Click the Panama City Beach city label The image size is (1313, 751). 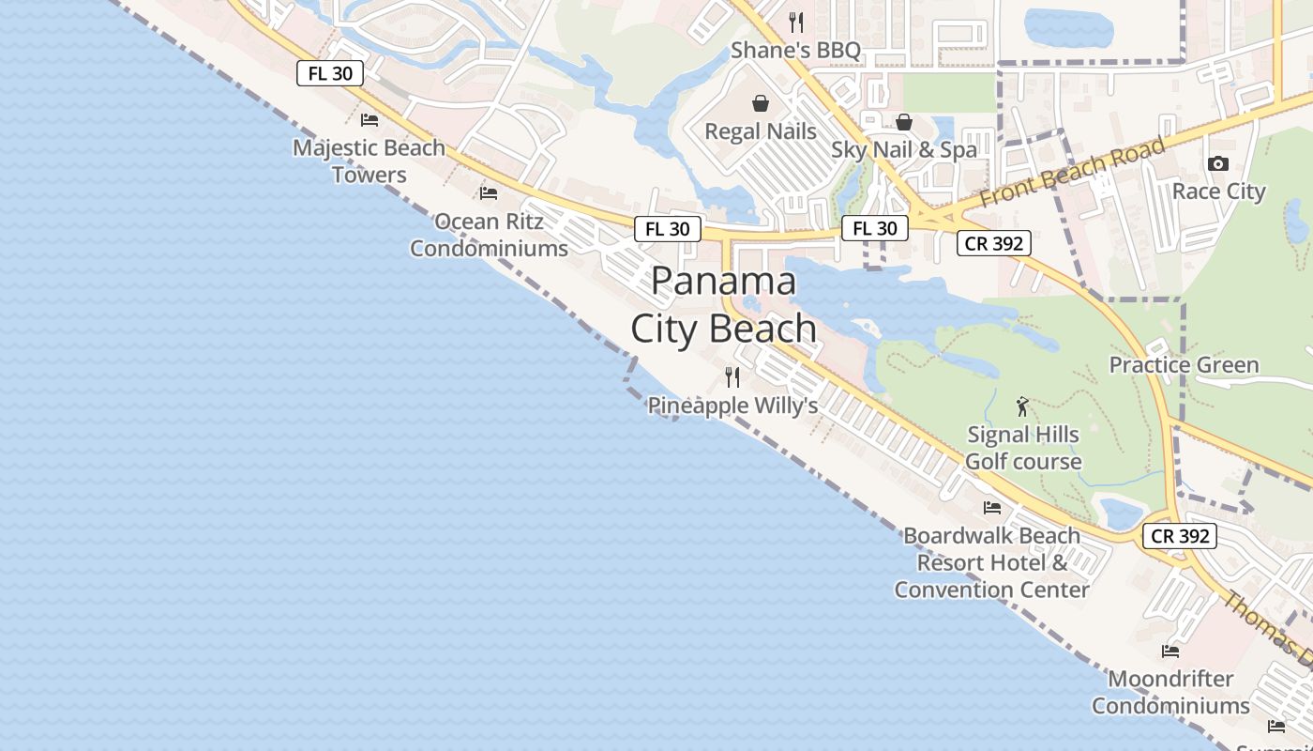click(723, 305)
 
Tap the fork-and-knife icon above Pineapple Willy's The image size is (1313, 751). click(732, 377)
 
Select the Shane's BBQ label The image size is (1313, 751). click(795, 50)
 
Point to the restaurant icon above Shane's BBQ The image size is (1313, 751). click(796, 22)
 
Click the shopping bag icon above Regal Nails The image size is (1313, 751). click(761, 103)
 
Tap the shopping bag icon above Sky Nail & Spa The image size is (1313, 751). click(904, 122)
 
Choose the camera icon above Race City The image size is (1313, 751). click(1218, 164)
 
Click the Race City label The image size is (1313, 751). click(1218, 192)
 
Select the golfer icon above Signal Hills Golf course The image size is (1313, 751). click(1022, 406)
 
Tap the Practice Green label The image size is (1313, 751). click(1184, 365)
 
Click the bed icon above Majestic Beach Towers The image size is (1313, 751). click(370, 120)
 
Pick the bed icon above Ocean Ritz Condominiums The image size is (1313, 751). click(489, 193)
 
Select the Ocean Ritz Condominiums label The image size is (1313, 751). click(489, 235)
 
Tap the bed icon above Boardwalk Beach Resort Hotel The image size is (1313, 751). click(992, 508)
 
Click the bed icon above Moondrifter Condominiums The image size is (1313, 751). click(1170, 651)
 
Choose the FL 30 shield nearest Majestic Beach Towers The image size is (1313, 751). click(330, 73)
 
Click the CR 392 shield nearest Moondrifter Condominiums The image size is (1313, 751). click(1180, 536)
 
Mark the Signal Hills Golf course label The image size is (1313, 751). click(1023, 448)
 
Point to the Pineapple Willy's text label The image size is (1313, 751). click(732, 406)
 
